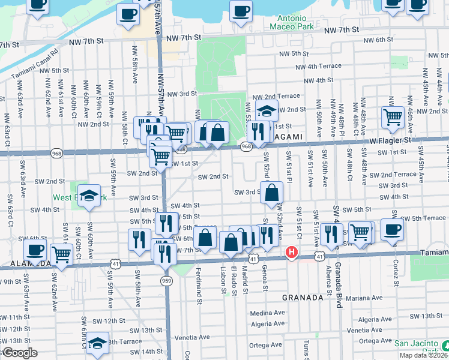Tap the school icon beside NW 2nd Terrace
[267, 110]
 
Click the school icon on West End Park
[89, 196]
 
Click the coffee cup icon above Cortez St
[392, 229]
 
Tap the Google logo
[20, 353]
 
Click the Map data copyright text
[424, 356]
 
